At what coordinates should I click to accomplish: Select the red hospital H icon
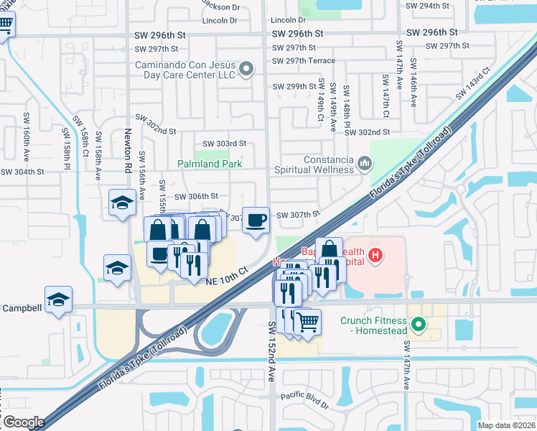374,255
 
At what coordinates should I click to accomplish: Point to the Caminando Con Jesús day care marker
246,70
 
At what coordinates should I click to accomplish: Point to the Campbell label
22,308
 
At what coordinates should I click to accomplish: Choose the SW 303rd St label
224,144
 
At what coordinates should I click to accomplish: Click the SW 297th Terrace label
304,60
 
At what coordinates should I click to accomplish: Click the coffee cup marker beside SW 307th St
256,220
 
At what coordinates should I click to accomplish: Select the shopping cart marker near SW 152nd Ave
307,323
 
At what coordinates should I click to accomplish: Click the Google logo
24,422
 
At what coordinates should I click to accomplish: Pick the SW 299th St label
294,86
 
